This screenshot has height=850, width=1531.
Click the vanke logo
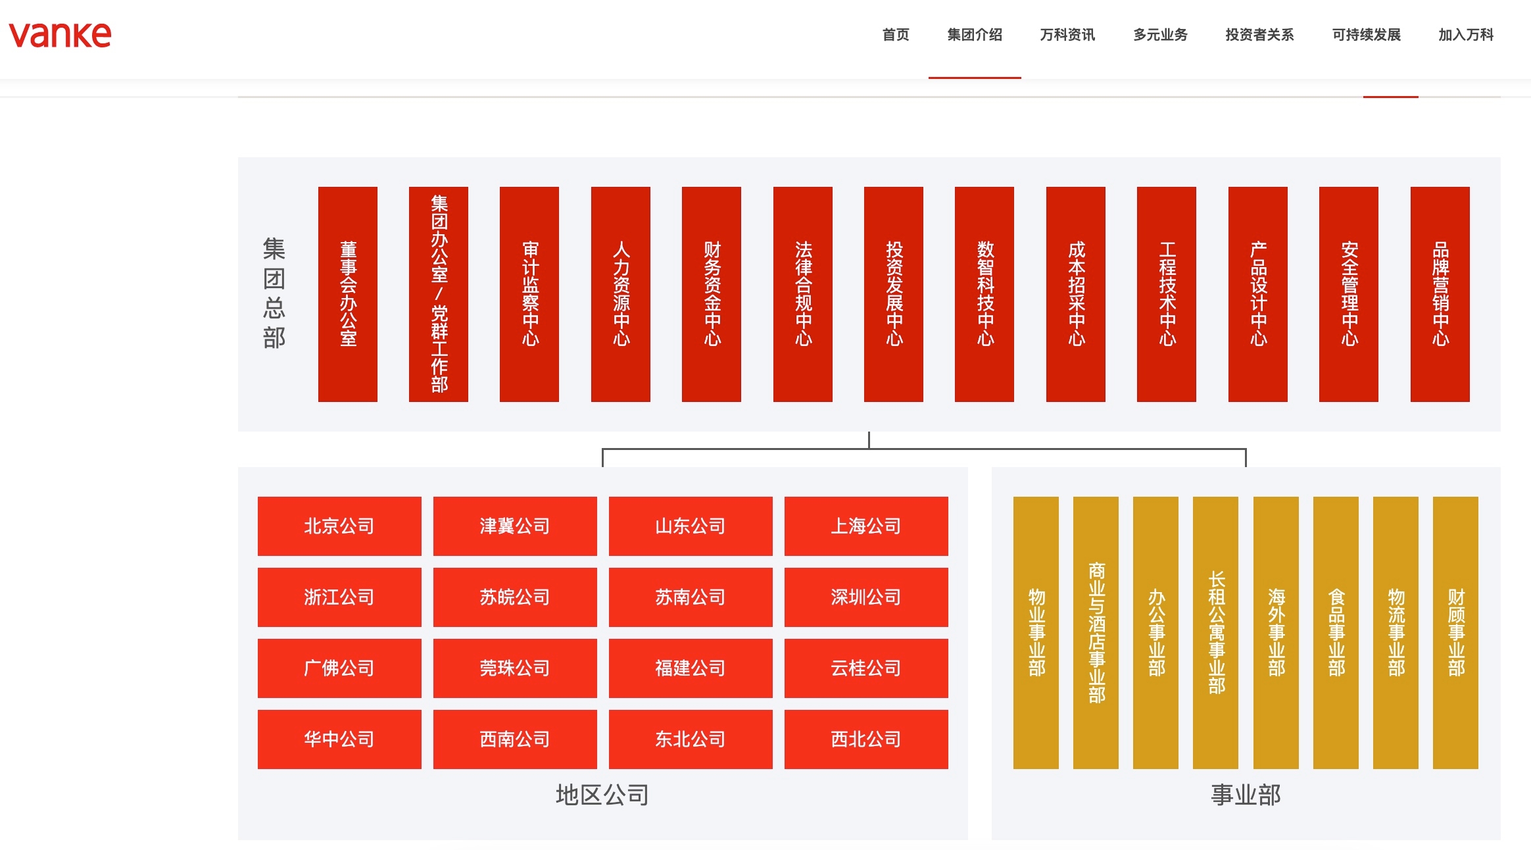(x=60, y=34)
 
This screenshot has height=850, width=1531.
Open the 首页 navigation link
(x=896, y=35)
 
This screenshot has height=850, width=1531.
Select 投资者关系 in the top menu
(x=1259, y=35)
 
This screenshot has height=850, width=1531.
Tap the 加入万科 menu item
(x=1466, y=35)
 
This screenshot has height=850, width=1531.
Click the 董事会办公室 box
(x=348, y=294)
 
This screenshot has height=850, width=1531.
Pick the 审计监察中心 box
(x=529, y=294)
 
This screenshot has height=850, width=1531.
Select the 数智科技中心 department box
(x=984, y=294)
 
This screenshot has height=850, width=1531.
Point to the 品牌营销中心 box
(x=1440, y=294)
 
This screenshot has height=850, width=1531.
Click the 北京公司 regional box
(x=339, y=526)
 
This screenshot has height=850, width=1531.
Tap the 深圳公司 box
(x=866, y=597)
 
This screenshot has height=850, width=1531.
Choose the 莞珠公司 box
(x=515, y=668)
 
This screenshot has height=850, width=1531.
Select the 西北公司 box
(x=866, y=739)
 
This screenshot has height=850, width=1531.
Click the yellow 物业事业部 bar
(x=1036, y=633)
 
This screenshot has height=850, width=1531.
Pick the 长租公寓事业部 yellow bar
(x=1215, y=633)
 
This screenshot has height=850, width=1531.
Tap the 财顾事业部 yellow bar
(x=1455, y=633)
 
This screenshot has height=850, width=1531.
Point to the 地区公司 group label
(x=602, y=795)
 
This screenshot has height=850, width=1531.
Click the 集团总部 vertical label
(x=274, y=293)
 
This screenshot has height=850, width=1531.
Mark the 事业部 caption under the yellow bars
(x=1246, y=795)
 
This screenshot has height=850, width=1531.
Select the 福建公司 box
(x=691, y=668)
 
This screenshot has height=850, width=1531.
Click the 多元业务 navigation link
(x=1160, y=35)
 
